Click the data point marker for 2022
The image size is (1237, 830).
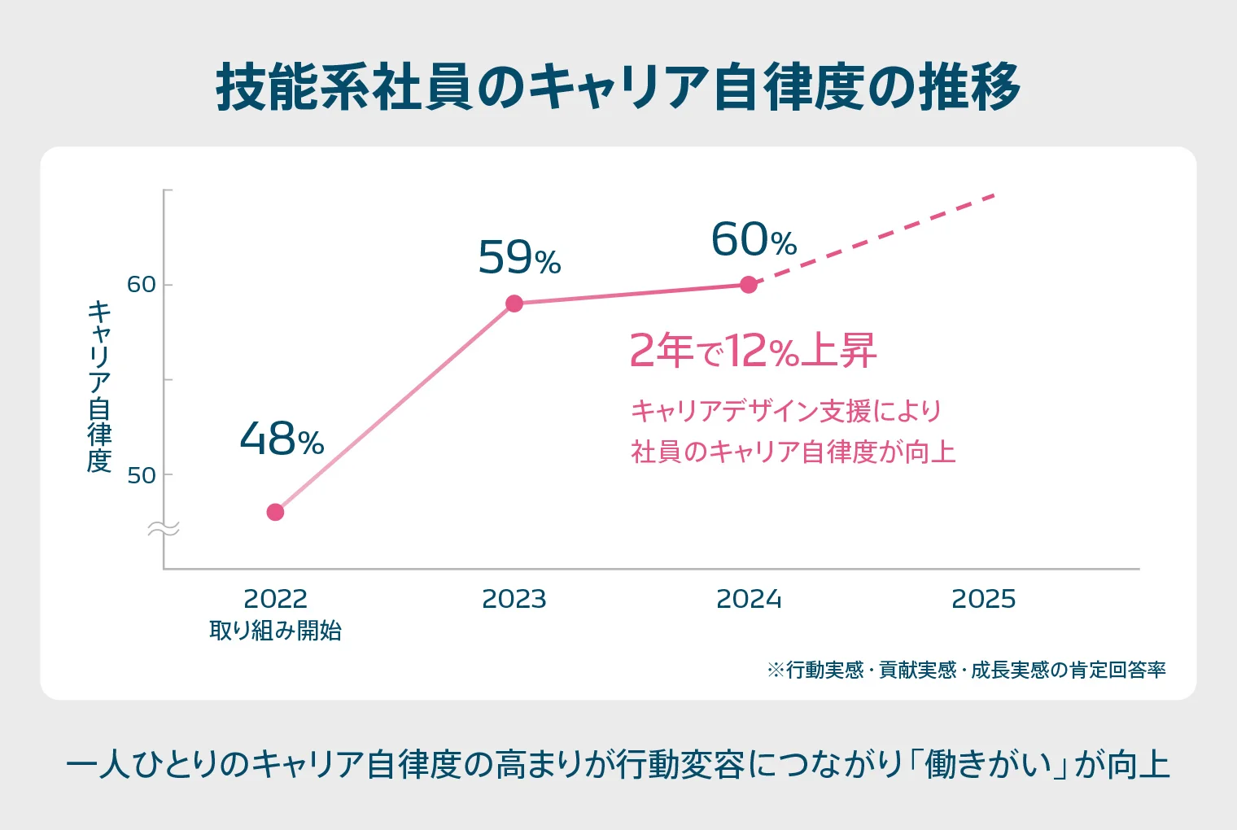[275, 512]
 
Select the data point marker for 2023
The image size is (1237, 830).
[514, 304]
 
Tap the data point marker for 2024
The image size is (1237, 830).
[749, 285]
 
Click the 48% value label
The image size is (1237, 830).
[282, 439]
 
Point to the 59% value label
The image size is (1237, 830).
[519, 258]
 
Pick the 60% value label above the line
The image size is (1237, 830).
[754, 240]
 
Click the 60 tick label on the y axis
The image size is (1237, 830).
[141, 285]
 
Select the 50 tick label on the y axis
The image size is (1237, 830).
[141, 475]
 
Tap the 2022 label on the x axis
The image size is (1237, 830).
[275, 599]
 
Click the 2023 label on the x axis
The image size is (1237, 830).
[514, 599]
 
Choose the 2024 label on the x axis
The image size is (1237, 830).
[749, 599]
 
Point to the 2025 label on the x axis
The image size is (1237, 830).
[983, 599]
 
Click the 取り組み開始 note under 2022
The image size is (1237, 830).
[275, 631]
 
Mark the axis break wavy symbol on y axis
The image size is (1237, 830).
[163, 530]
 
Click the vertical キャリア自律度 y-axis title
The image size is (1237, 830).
[99, 387]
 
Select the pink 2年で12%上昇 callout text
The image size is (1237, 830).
[753, 351]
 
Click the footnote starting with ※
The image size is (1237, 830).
[966, 670]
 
